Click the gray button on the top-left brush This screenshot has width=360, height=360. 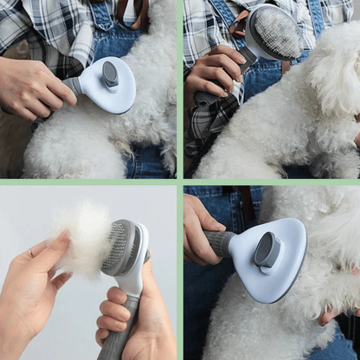pyautogui.click(x=110, y=74)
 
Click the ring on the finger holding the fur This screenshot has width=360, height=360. pyautogui.click(x=32, y=253)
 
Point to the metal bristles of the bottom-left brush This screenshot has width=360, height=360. pyautogui.click(x=117, y=247)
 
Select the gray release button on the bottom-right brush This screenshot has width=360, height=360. pyautogui.click(x=267, y=250)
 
